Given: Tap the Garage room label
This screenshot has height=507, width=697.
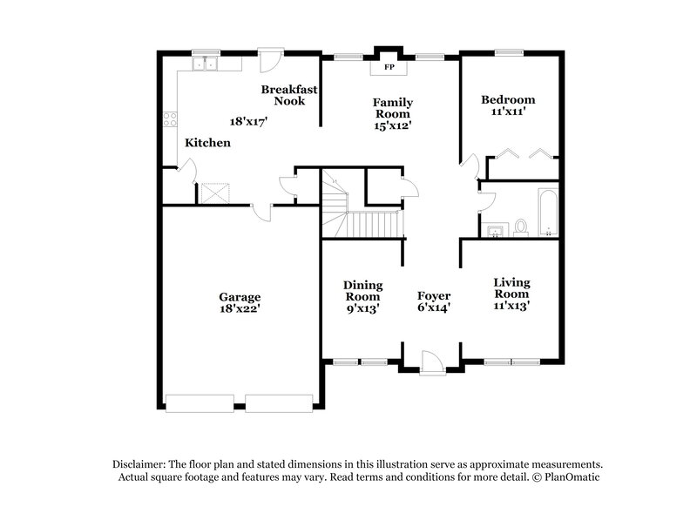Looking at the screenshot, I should tap(240, 296).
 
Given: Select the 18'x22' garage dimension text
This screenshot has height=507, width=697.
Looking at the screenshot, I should tap(240, 308).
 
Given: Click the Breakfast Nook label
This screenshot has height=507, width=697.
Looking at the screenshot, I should tap(289, 95).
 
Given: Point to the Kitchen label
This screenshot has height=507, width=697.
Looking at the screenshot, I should tap(207, 142).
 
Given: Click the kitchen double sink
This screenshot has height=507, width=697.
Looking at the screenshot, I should tap(206, 63).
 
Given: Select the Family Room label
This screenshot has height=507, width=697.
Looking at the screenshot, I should tap(393, 108).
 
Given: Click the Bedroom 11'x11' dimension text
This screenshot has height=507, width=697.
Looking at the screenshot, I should tap(508, 112).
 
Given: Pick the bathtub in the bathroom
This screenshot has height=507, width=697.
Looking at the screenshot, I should tap(547, 212).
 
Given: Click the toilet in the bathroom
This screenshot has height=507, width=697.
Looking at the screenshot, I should tap(521, 227).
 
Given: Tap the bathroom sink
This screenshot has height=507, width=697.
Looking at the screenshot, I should tap(496, 230).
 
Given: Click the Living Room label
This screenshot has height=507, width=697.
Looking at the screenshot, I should tap(511, 287).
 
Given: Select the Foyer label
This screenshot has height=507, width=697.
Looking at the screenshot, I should tap(433, 295).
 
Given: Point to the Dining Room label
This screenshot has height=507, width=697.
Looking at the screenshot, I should tap(362, 290).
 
